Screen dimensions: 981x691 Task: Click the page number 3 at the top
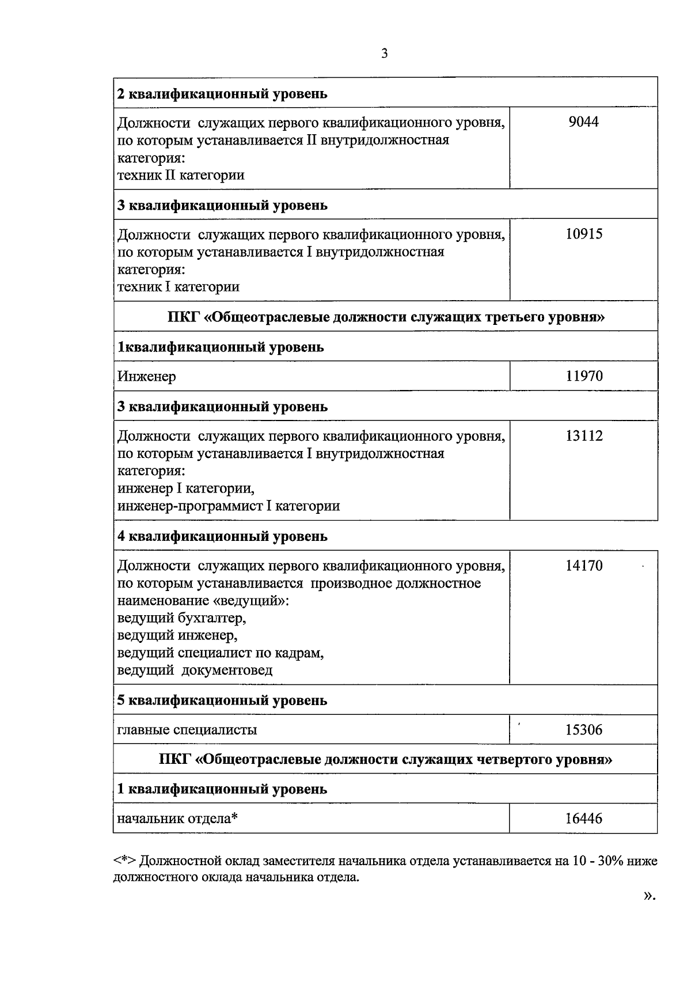click(x=384, y=54)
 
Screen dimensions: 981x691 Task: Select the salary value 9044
click(x=583, y=122)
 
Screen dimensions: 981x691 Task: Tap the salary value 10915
click(x=583, y=234)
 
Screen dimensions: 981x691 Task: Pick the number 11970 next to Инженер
click(x=583, y=376)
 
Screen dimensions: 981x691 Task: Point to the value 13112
click(x=583, y=436)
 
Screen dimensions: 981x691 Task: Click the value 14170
click(x=583, y=566)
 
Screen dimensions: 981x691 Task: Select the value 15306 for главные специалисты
click(x=583, y=730)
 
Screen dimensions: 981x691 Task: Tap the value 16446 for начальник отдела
click(x=583, y=818)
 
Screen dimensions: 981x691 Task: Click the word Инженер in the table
click(x=147, y=377)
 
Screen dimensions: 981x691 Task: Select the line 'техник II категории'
click(x=181, y=175)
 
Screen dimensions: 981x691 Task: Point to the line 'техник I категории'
click(x=179, y=287)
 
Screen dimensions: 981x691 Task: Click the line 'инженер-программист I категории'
click(x=229, y=506)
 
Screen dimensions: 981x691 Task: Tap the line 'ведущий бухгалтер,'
click(x=182, y=619)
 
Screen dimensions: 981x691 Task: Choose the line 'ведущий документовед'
click(x=195, y=671)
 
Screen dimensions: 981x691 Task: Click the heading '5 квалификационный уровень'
click(x=222, y=700)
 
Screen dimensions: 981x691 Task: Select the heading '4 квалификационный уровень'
click(x=222, y=536)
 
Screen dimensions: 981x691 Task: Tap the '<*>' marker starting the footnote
click(x=124, y=862)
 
